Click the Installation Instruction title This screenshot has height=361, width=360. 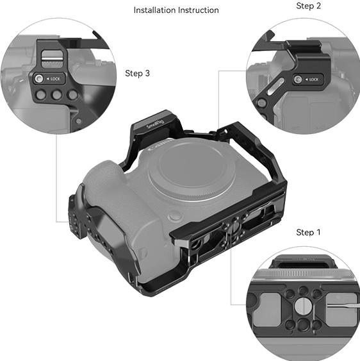coord(176,10)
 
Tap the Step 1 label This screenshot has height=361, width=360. coord(308,232)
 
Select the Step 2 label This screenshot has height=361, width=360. coord(308,6)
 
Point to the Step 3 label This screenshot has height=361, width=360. coord(137,74)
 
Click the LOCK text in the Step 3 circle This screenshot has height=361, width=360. coord(55,79)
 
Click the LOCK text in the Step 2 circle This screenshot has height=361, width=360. coord(314,80)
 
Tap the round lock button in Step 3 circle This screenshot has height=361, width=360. coord(38,79)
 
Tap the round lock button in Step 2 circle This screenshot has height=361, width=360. coord(298,80)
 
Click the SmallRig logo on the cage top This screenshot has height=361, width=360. coord(155,124)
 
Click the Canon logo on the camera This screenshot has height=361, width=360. coord(161,144)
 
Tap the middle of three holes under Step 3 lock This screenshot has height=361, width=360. coord(56,95)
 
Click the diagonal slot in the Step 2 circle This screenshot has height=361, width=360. coord(275,87)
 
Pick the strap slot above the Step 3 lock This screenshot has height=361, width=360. coord(52,57)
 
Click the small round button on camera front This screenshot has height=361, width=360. coord(176,217)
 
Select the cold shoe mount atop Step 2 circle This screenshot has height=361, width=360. coord(302,47)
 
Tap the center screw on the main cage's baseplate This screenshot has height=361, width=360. coord(233,228)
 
